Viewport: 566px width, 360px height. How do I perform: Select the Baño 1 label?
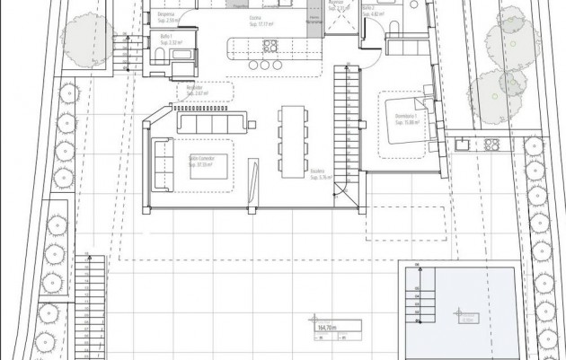coord(167,39)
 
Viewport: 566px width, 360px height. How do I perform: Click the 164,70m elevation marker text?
coord(326,329)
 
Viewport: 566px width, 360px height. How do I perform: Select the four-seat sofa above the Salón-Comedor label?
coord(212,121)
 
